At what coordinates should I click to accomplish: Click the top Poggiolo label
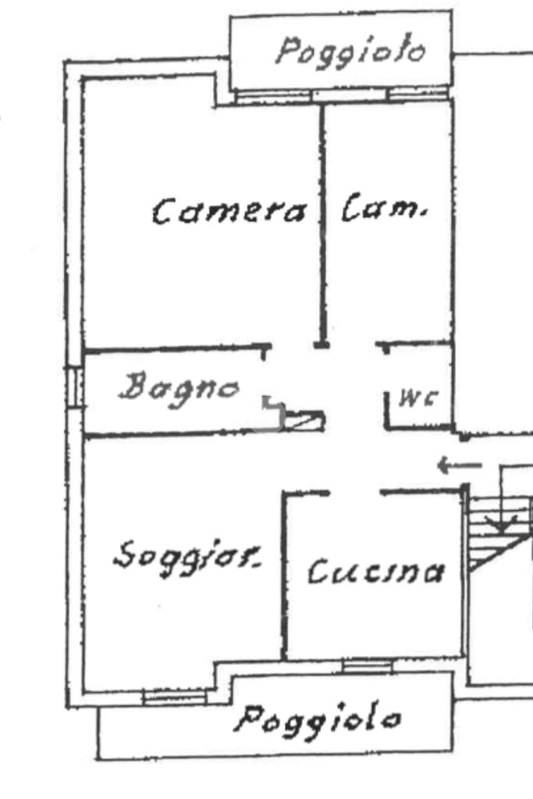tap(351, 53)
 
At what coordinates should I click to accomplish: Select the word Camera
tap(229, 212)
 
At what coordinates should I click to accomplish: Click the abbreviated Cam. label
tap(385, 209)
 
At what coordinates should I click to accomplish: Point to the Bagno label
tap(179, 386)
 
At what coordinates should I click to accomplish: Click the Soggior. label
tap(187, 556)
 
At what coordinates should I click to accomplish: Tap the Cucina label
tap(375, 572)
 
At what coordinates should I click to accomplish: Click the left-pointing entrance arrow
tap(459, 466)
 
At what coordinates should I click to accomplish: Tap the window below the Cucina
tap(367, 666)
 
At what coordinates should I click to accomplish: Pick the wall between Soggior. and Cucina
tap(284, 574)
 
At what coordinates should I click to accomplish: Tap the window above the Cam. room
tap(418, 95)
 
